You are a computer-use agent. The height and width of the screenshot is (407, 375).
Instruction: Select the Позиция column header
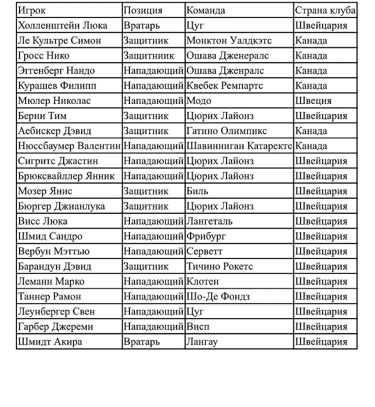(143, 10)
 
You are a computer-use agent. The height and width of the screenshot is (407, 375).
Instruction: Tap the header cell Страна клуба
(325, 10)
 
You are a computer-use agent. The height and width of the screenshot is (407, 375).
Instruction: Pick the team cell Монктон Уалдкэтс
(229, 41)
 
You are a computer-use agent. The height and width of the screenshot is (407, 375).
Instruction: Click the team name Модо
(199, 101)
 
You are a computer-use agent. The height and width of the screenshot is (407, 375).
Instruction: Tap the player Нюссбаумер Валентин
(69, 146)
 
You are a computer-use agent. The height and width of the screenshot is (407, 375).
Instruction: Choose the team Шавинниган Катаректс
(239, 146)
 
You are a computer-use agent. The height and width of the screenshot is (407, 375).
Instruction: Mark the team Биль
(198, 191)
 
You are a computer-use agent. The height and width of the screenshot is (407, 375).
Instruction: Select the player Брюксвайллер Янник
(66, 176)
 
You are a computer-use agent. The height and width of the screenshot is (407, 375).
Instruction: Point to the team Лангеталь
(210, 221)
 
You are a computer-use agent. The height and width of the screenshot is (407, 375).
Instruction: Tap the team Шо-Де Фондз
(218, 297)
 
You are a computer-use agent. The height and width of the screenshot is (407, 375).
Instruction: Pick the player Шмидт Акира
(50, 342)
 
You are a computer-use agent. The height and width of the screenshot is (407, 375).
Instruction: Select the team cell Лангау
(202, 342)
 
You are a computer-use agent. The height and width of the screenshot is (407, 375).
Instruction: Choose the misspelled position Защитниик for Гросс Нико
(149, 55)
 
